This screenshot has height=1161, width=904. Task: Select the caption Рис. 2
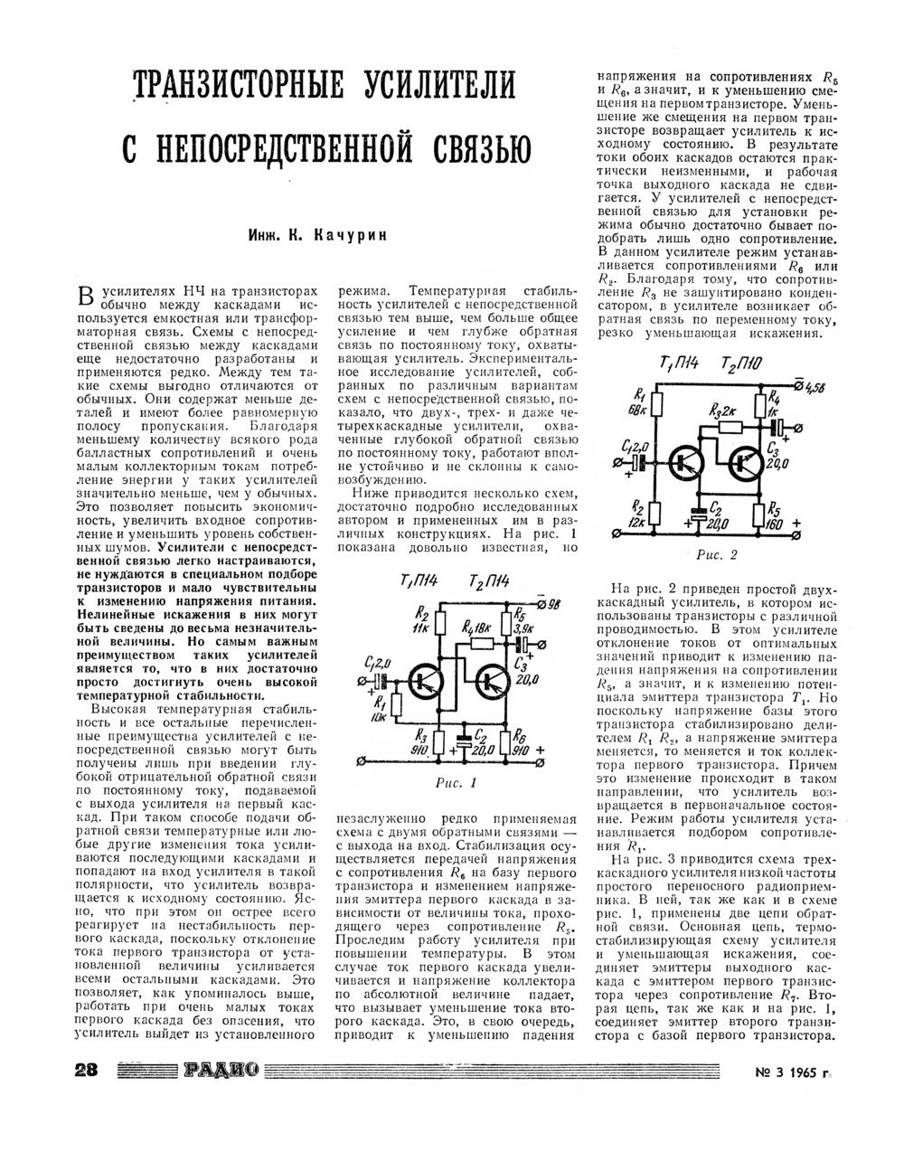pos(718,554)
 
